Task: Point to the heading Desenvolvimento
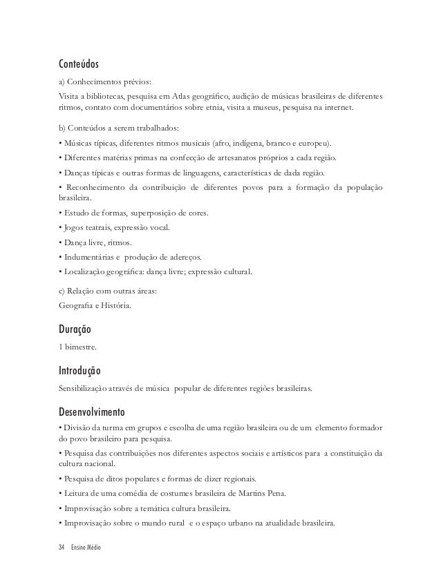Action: pos(92,414)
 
